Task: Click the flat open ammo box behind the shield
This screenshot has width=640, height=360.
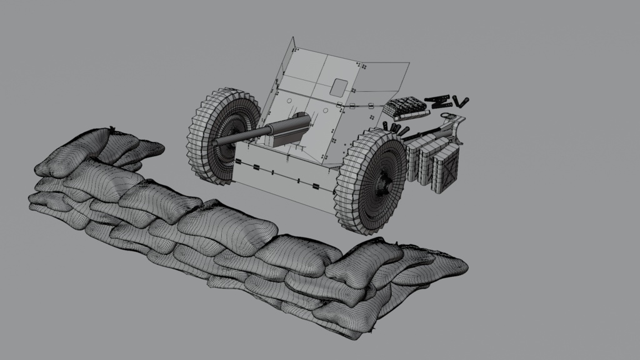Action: [x=406, y=107]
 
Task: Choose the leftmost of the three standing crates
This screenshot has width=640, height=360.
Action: [x=416, y=161]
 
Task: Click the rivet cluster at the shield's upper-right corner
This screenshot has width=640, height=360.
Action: [x=359, y=64]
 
